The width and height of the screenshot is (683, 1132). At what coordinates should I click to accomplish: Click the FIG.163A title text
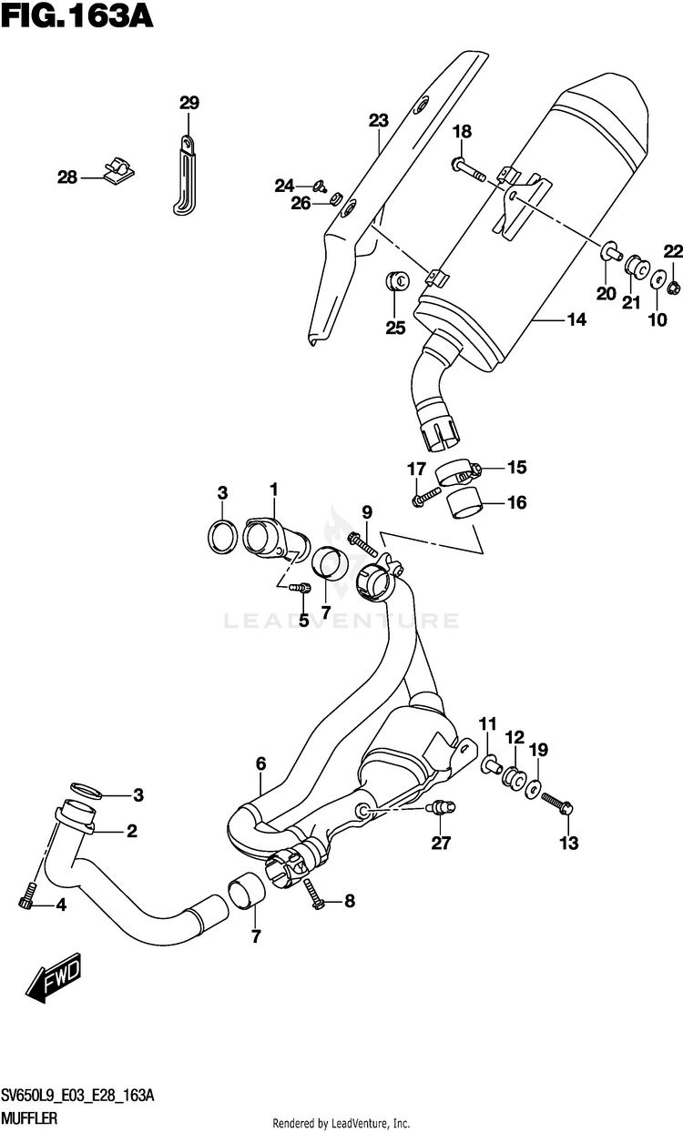point(76,17)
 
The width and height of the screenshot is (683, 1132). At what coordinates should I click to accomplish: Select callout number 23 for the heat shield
point(379,120)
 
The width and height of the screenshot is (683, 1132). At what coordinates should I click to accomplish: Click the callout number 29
point(189,103)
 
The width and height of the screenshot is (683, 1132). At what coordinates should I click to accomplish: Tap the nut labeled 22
point(672,288)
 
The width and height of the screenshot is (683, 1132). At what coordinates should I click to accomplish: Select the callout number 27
point(441,844)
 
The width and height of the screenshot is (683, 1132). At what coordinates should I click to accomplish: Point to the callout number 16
point(516,502)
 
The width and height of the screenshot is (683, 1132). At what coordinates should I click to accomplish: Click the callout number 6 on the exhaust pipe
point(260,763)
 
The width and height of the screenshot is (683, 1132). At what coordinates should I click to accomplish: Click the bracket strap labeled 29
point(185,177)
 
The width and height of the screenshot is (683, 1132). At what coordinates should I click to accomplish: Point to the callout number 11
point(488,724)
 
